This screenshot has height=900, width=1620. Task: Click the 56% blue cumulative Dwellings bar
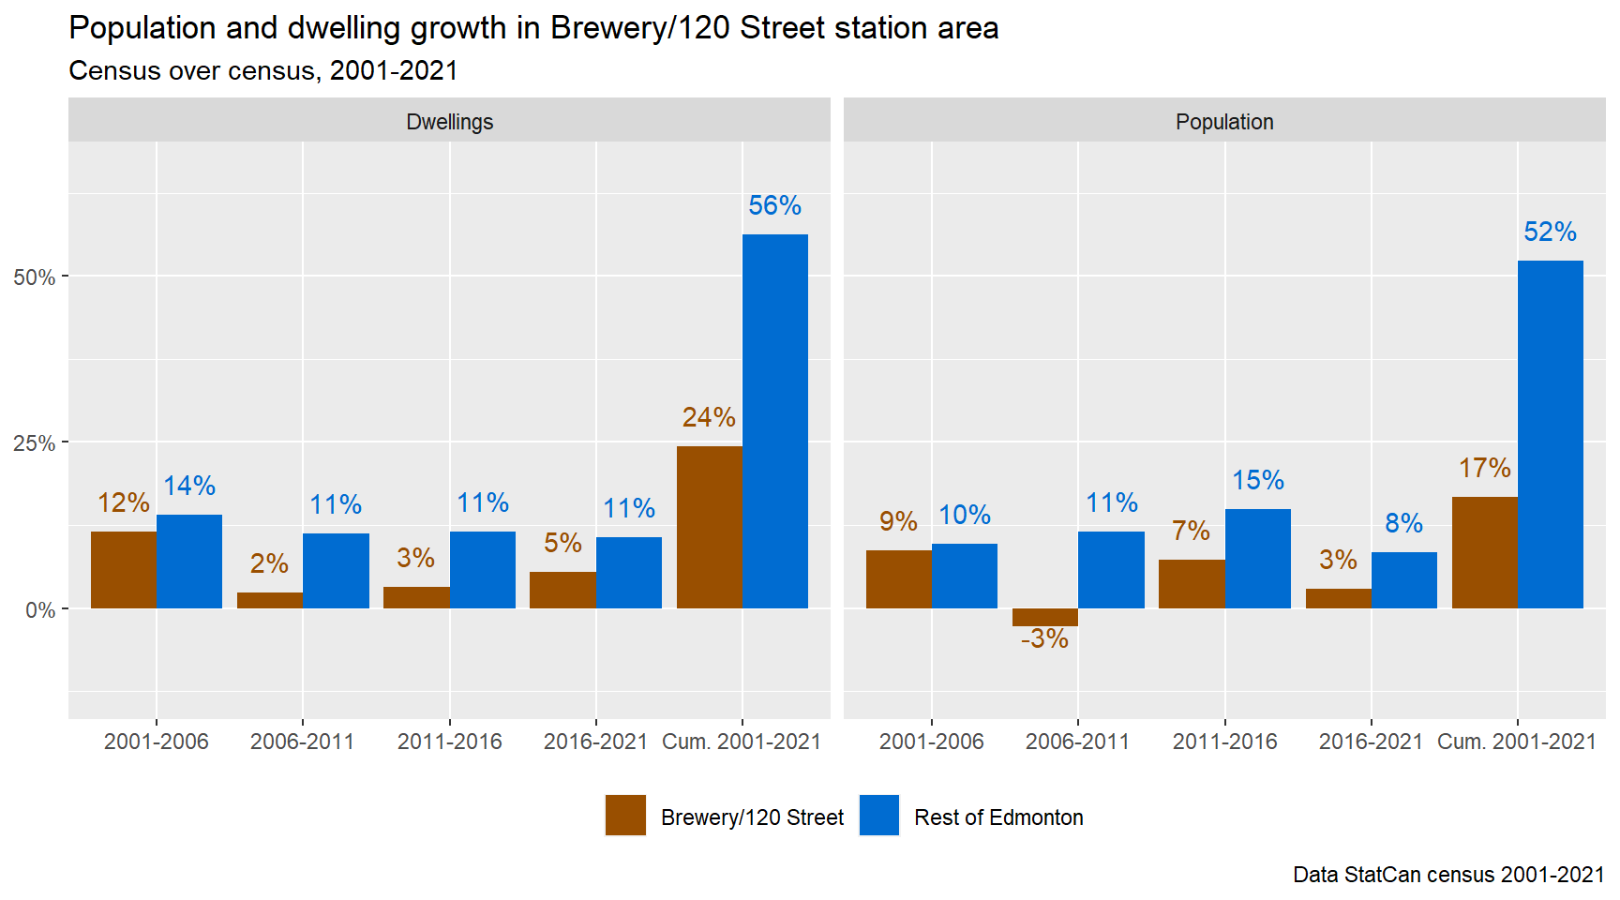pos(774,421)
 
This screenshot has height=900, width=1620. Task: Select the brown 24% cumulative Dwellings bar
pos(709,527)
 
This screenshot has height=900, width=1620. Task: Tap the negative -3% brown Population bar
pos(1044,617)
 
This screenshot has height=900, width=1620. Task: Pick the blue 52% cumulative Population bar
pos(1550,434)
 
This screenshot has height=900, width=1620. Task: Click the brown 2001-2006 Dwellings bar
pos(124,570)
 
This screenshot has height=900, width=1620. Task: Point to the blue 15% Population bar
pos(1257,559)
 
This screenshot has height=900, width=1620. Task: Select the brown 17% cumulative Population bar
pos(1484,552)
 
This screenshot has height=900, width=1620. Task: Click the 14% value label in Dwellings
pos(189,486)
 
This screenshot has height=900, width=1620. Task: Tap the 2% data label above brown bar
pos(269,563)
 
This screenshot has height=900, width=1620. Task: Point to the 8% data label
pos(1403,523)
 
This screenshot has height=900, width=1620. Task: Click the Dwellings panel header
pos(449,122)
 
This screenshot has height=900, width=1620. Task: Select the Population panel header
pos(1224,122)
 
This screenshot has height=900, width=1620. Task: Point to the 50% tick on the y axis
pos(35,277)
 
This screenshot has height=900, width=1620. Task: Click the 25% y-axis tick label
pos(35,443)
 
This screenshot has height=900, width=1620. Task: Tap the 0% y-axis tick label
pos(40,610)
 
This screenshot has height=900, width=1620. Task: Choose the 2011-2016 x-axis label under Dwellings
pos(449,742)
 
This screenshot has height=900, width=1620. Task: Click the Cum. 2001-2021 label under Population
pos(1516,742)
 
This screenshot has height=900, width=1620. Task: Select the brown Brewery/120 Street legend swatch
pos(625,815)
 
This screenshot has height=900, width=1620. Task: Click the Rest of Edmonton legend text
pos(998,817)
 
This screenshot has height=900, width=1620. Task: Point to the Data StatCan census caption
pos(1448,875)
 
